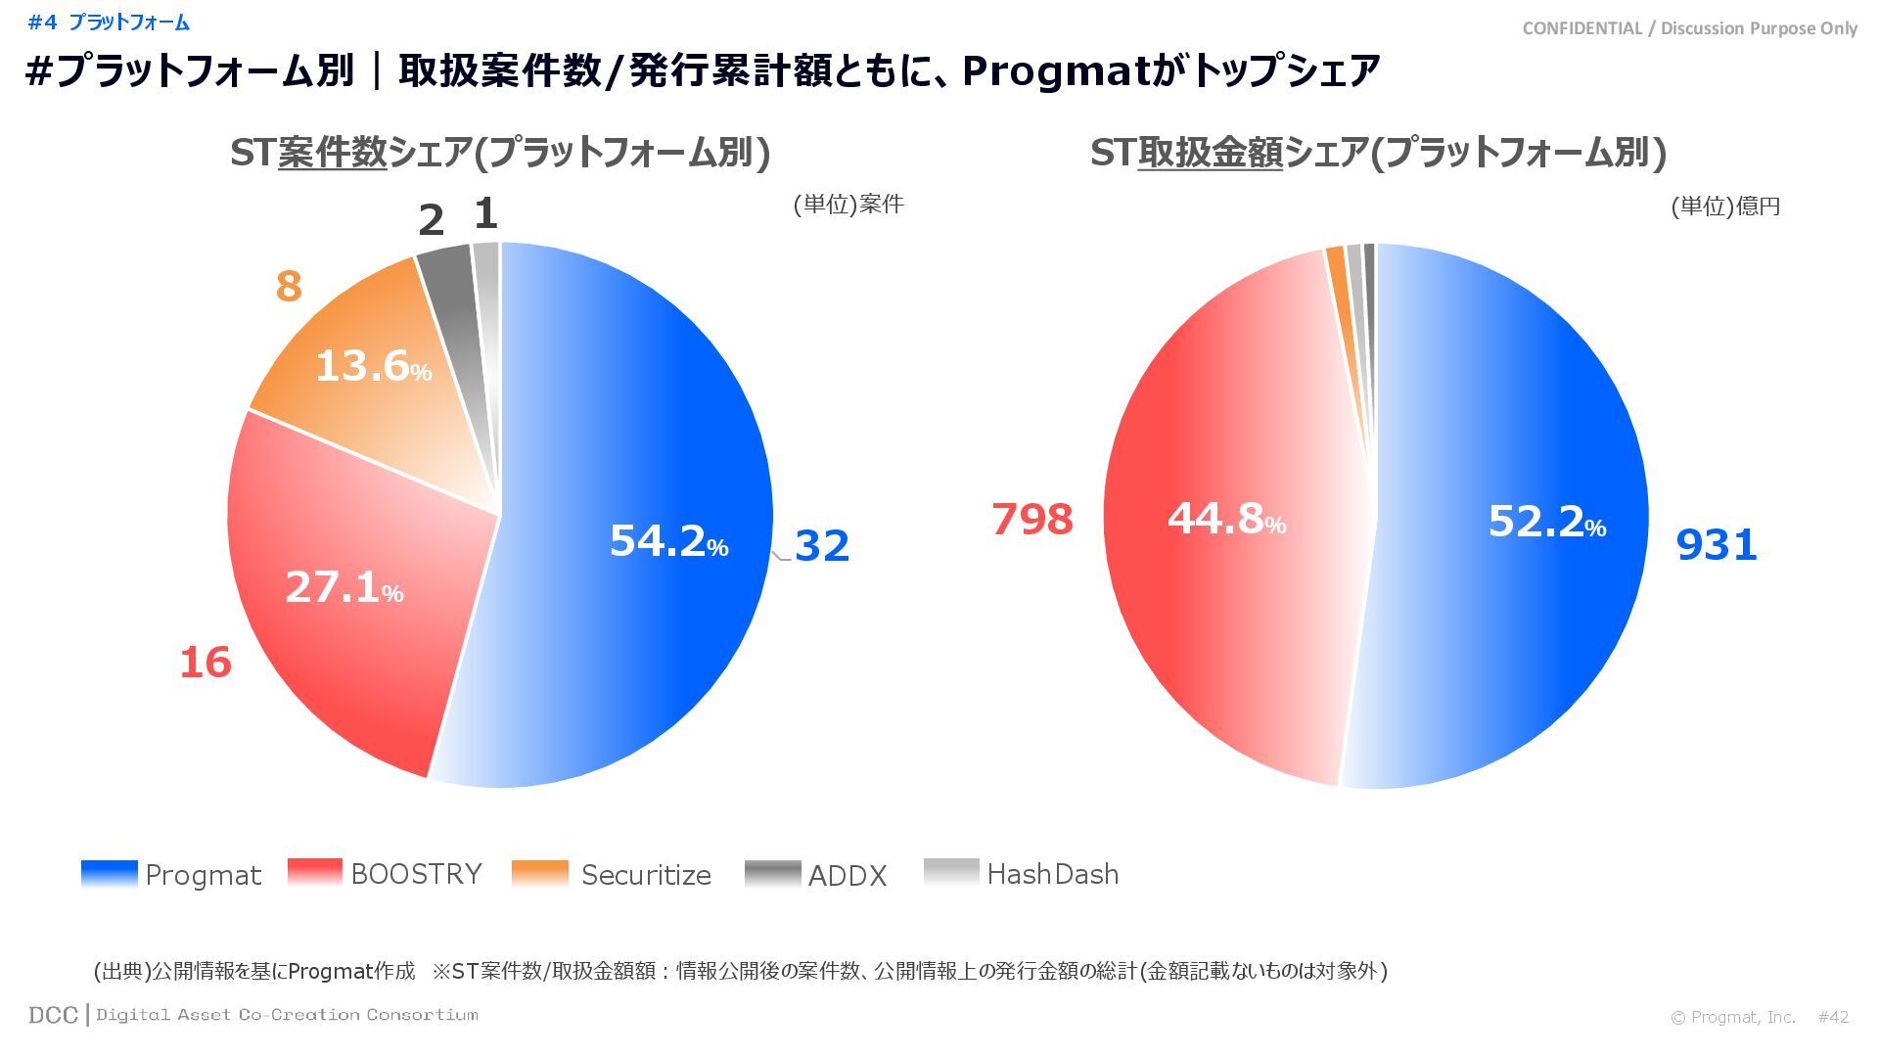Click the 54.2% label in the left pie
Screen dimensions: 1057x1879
pos(668,541)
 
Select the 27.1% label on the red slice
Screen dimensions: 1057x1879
pos(344,587)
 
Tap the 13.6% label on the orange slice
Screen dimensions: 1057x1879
pos(373,366)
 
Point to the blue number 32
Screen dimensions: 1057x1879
pos(821,546)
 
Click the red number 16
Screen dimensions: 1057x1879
pos(206,663)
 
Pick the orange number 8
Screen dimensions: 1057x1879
pos(289,287)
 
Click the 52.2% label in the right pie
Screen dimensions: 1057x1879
pos(1546,522)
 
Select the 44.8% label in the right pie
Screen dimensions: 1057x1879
pos(1226,519)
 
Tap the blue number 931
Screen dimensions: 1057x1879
pos(1717,545)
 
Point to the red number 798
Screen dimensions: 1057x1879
pos(1032,520)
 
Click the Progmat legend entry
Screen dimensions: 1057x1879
pos(171,874)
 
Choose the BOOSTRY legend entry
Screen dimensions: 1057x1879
pos(386,873)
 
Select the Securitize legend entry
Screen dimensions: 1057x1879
pos(612,874)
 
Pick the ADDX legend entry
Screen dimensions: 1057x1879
pos(816,875)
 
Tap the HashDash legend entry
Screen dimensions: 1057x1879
pos(1022,873)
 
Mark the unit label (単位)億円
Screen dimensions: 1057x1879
pos(1724,207)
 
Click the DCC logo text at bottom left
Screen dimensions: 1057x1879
pos(53,1015)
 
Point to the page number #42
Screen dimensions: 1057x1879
pos(1833,1017)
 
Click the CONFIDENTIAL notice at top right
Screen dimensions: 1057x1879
pos(1689,28)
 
